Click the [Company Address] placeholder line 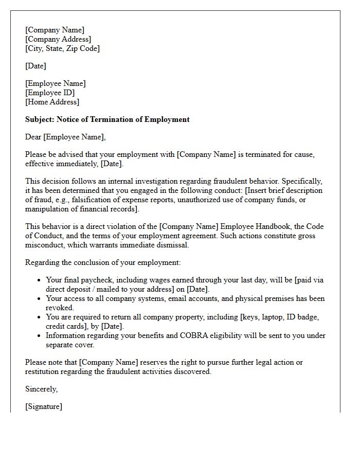(58, 39)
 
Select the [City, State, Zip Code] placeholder (62, 48)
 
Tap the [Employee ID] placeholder (50, 93)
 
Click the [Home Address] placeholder (52, 102)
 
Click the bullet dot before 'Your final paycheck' (40, 280)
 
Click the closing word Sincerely (41, 389)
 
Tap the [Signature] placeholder (44, 406)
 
